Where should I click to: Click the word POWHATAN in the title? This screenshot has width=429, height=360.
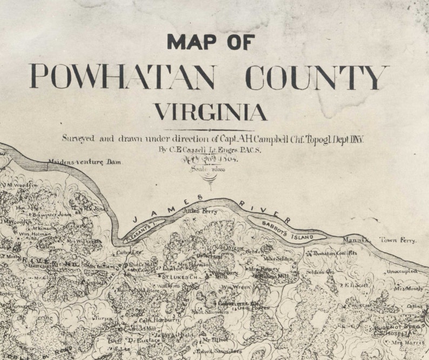coord(123,77)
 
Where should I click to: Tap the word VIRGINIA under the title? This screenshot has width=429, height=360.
coord(211,112)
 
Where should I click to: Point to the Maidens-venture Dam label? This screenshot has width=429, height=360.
coord(85,162)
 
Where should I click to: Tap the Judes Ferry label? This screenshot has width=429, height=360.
coord(200,211)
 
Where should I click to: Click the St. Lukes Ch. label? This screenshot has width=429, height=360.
coord(178,277)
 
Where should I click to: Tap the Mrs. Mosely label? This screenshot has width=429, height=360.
coord(409,289)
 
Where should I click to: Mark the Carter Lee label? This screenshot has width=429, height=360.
coord(129,252)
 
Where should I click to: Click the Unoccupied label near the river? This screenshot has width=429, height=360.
coord(401,271)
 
